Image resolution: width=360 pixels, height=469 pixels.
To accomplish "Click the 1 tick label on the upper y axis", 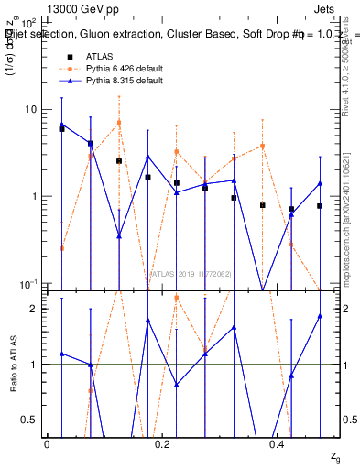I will (32, 196).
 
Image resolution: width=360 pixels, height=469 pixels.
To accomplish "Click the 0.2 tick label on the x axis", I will (162, 443).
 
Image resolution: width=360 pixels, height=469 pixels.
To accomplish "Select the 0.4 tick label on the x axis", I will (278, 443).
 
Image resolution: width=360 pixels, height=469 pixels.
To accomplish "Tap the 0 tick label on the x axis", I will (47, 443).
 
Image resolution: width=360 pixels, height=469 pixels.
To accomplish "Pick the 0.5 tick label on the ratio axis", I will (29, 420).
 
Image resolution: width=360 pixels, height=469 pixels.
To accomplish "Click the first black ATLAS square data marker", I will (61, 129).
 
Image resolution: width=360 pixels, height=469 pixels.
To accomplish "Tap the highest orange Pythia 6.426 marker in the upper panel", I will (119, 123).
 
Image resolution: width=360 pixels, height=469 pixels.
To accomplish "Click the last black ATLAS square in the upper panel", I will (320, 206).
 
